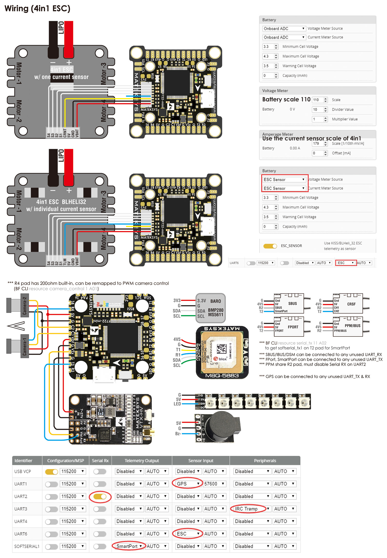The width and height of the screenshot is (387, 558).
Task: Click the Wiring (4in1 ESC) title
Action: pyautogui.click(x=37, y=9)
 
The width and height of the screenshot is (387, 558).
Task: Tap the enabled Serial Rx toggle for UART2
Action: pyautogui.click(x=100, y=496)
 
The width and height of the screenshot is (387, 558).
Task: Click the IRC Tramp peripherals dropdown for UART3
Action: pyautogui.click(x=249, y=509)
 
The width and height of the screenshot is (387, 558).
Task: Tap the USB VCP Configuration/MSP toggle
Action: pyautogui.click(x=52, y=471)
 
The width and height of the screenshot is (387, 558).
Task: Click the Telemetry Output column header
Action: pyautogui.click(x=142, y=461)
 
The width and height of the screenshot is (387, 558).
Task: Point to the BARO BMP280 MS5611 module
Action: pyautogui.click(x=210, y=308)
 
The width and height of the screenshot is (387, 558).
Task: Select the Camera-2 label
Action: pyautogui.click(x=25, y=306)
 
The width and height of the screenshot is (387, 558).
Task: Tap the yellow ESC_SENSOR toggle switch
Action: pyautogui.click(x=270, y=246)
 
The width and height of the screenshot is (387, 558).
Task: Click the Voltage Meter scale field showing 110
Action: pyautogui.click(x=320, y=100)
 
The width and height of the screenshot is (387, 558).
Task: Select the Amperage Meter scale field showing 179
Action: pyautogui.click(x=320, y=144)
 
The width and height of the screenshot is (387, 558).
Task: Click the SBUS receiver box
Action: pyautogui.click(x=289, y=304)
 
